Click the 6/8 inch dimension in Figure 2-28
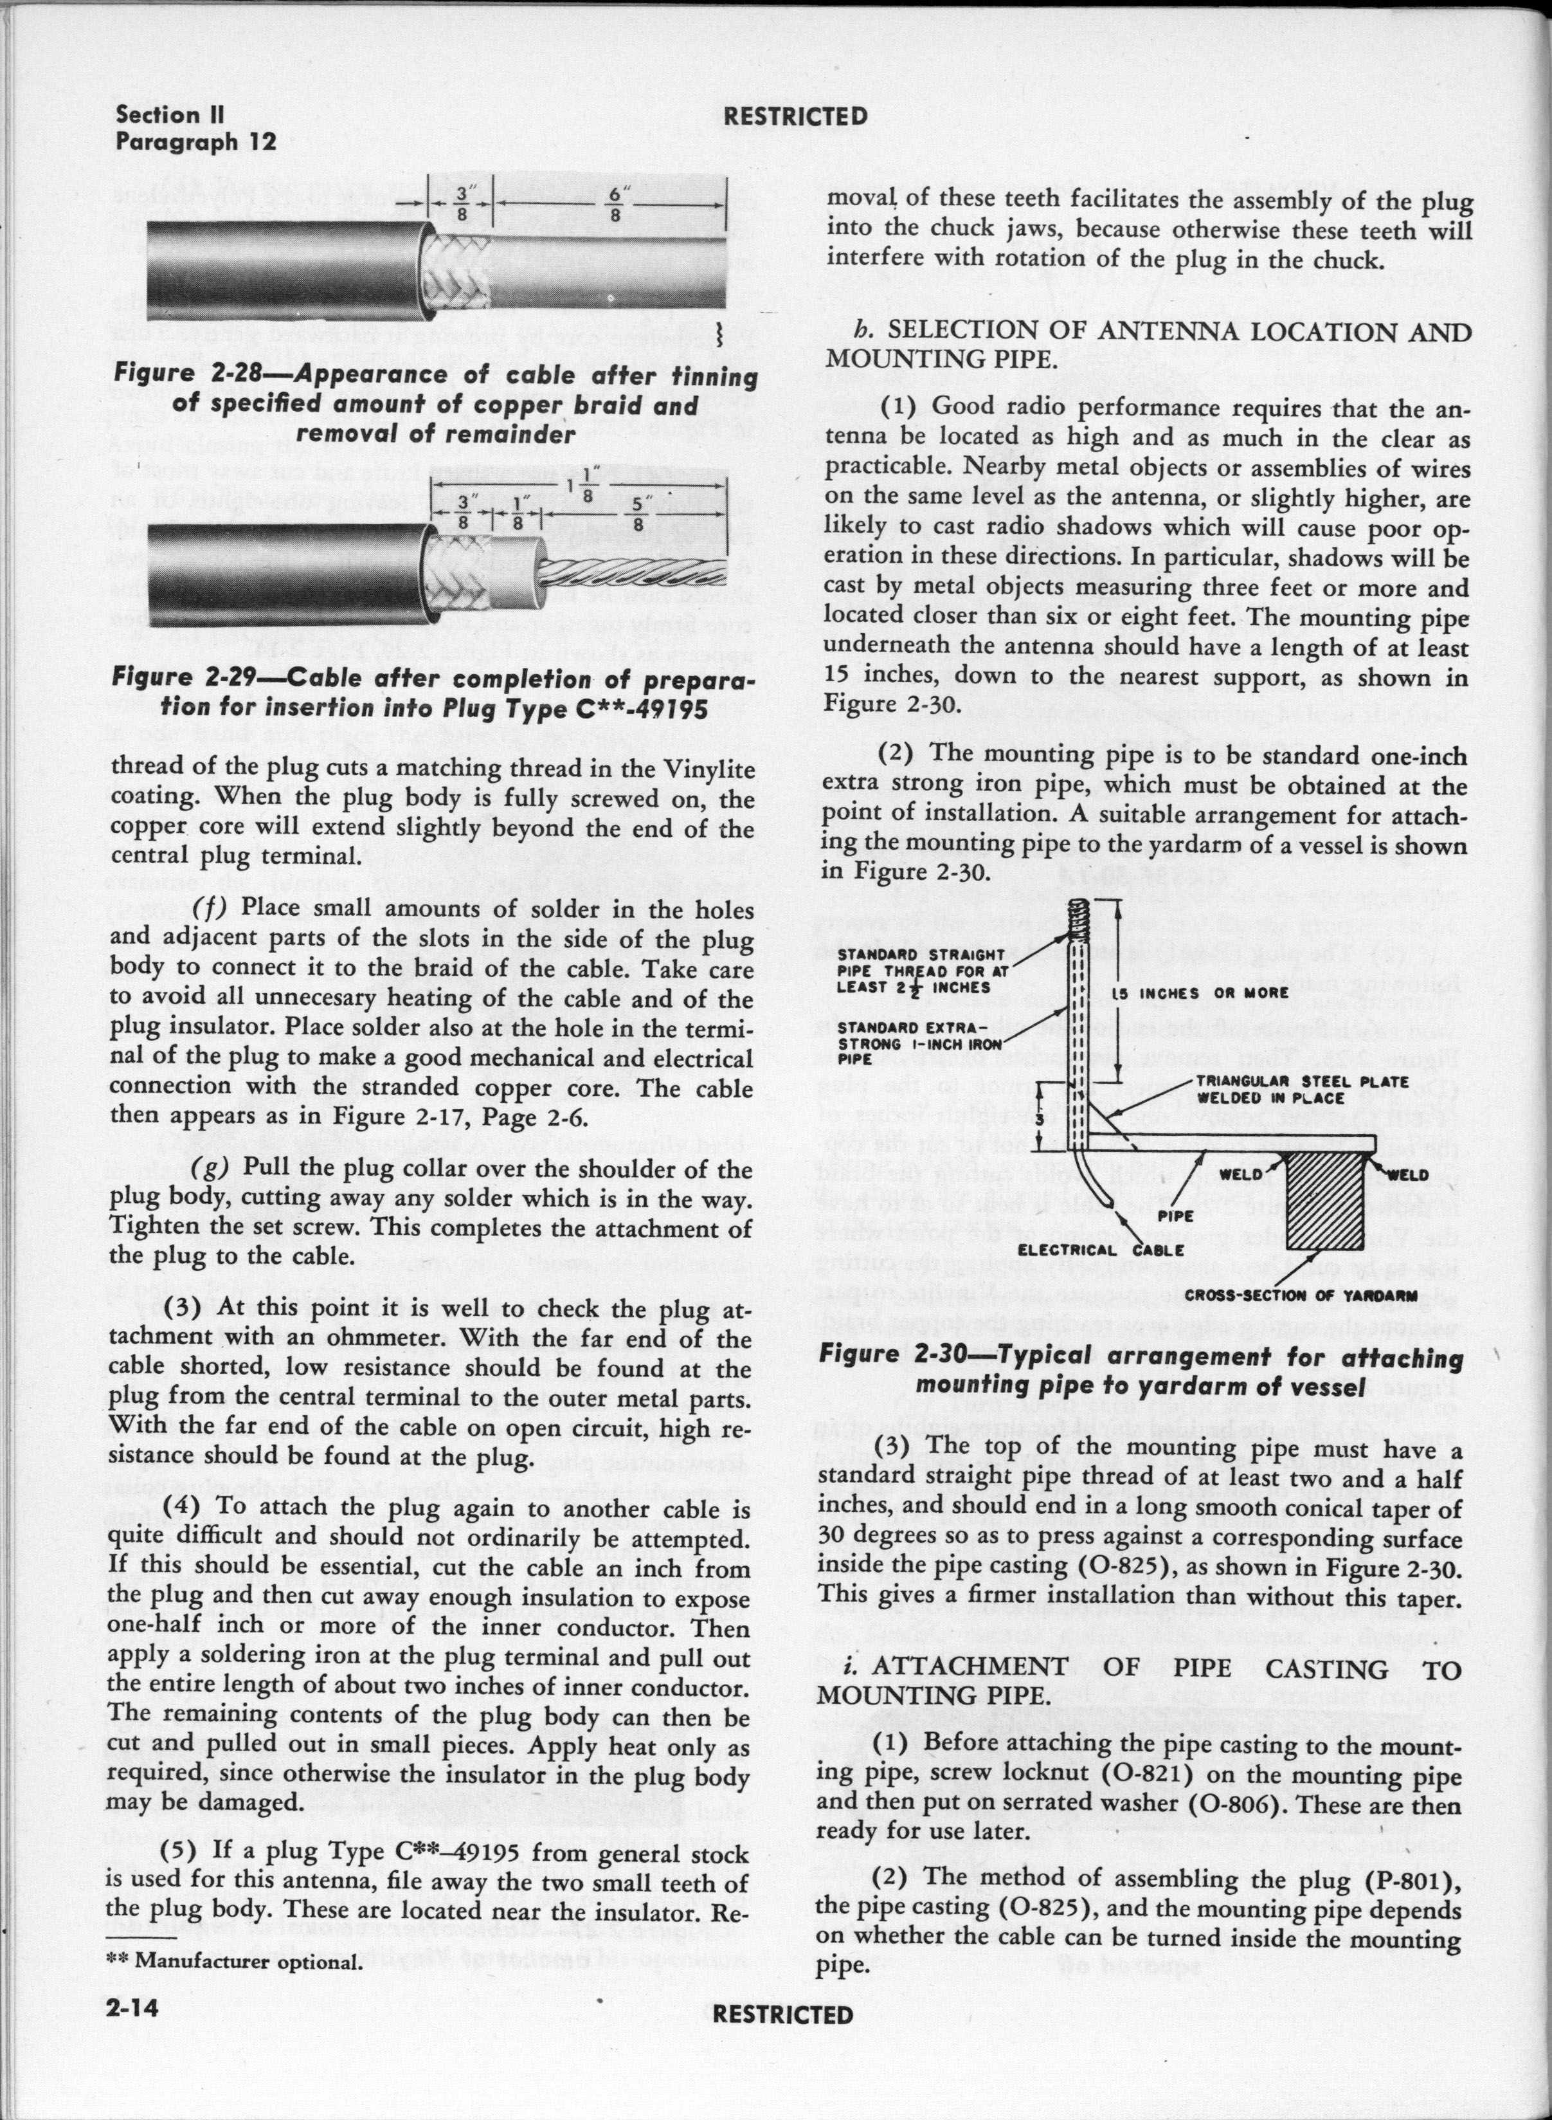615,204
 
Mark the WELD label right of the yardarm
1407,1174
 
